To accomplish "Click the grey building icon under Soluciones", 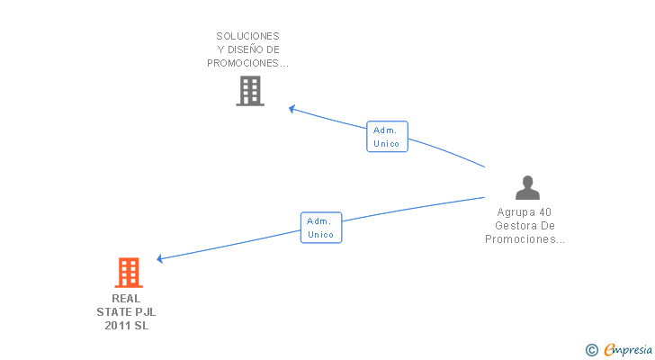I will click(x=250, y=90).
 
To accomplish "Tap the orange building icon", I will click(x=129, y=273).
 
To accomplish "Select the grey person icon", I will click(x=527, y=187).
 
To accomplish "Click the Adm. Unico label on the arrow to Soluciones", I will click(x=387, y=137).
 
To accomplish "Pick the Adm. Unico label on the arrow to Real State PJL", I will click(x=320, y=228).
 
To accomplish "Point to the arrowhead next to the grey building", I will click(x=292, y=109).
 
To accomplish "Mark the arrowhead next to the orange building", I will click(x=160, y=259).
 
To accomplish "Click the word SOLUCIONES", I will click(x=247, y=36).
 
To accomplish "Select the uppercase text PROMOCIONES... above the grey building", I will click(x=247, y=63).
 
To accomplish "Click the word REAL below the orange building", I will click(x=126, y=298).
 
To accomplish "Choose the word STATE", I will click(x=113, y=312).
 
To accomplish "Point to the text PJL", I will click(x=145, y=312).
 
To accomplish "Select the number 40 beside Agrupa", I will click(x=546, y=212).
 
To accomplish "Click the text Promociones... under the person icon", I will click(x=525, y=239).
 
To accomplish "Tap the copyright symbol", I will click(x=591, y=350).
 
